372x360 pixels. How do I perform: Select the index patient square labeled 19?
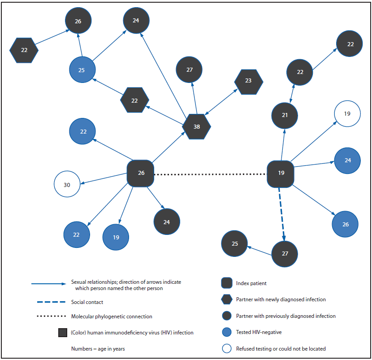(281, 173)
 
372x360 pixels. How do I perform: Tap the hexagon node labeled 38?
(196, 127)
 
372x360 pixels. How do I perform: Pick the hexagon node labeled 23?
(249, 82)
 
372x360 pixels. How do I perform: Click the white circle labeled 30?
(67, 184)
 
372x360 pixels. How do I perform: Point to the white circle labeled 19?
(347, 114)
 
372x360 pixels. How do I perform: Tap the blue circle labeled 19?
(116, 237)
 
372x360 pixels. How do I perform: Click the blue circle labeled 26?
(345, 224)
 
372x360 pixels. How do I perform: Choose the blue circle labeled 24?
(347, 160)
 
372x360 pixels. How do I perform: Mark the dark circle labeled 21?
(285, 115)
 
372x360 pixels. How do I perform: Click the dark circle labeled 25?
(234, 244)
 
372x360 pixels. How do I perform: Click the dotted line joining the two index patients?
(211, 174)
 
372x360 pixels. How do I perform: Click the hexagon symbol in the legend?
(227, 299)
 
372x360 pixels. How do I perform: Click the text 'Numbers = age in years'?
(98, 348)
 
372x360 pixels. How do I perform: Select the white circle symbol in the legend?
(227, 348)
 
